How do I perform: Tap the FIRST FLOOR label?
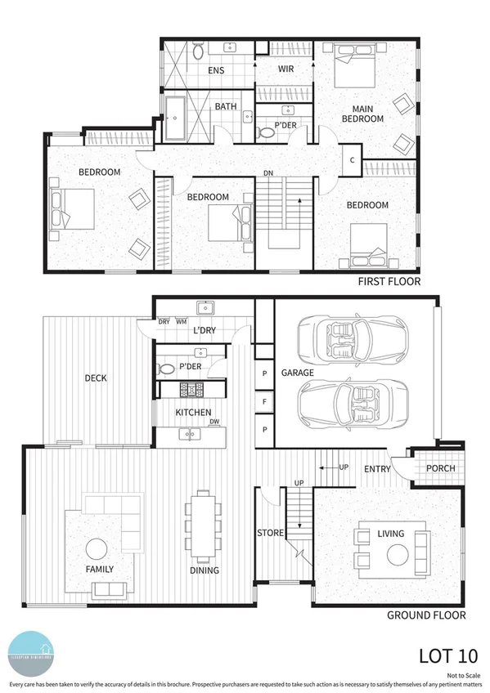point(389,282)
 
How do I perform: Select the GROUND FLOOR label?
point(427,615)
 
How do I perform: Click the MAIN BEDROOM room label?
point(362,114)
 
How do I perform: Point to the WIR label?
point(286,69)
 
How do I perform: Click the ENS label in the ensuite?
point(215,71)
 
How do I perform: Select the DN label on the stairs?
point(267,172)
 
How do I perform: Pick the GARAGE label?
point(298,373)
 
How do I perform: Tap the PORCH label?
point(440,468)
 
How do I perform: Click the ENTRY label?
point(377,469)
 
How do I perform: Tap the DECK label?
point(96,378)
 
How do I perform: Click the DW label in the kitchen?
point(214,422)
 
